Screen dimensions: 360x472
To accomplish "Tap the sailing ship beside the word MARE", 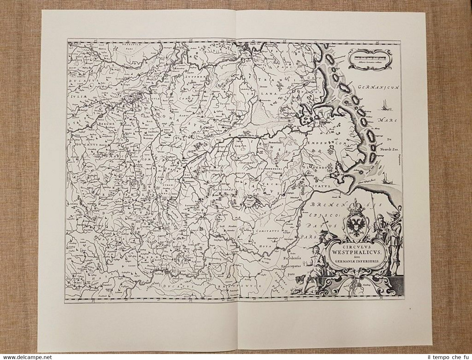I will click(385, 105).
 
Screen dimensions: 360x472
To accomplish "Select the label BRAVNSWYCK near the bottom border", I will click(250, 286).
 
